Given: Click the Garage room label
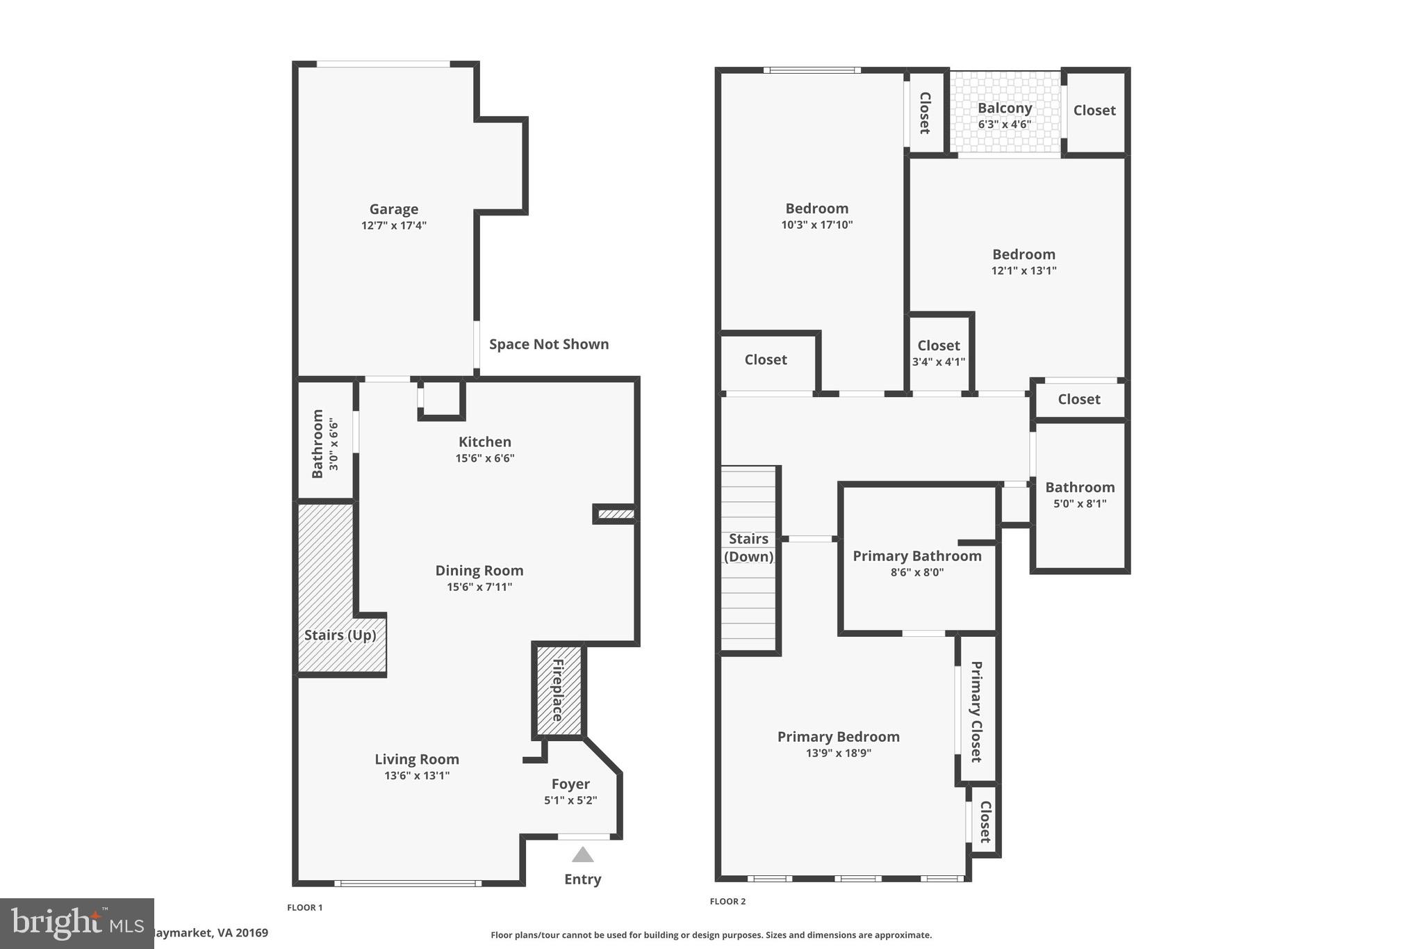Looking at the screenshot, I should [393, 209].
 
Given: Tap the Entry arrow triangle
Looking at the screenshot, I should [582, 854].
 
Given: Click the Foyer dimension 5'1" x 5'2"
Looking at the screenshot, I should [570, 800].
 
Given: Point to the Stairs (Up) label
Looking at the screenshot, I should [340, 635].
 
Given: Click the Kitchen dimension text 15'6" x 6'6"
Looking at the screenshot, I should [485, 458].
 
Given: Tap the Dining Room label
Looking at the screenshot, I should [479, 571].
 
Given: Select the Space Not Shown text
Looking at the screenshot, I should [549, 344].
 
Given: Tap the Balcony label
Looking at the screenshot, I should [1005, 108].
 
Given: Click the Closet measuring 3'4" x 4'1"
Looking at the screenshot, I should [939, 352].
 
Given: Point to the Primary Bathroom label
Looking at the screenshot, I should [917, 556].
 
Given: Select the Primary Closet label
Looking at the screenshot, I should [976, 711].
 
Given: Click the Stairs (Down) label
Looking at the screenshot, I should [748, 548].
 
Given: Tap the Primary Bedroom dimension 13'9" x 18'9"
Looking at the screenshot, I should [838, 753].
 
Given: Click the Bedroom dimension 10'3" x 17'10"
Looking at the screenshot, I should [816, 225].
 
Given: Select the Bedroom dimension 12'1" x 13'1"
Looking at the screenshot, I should [1023, 270].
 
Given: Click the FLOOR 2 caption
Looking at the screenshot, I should [727, 902].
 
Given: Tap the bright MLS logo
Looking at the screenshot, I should [76, 923].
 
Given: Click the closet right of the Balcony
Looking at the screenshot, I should [1094, 111].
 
